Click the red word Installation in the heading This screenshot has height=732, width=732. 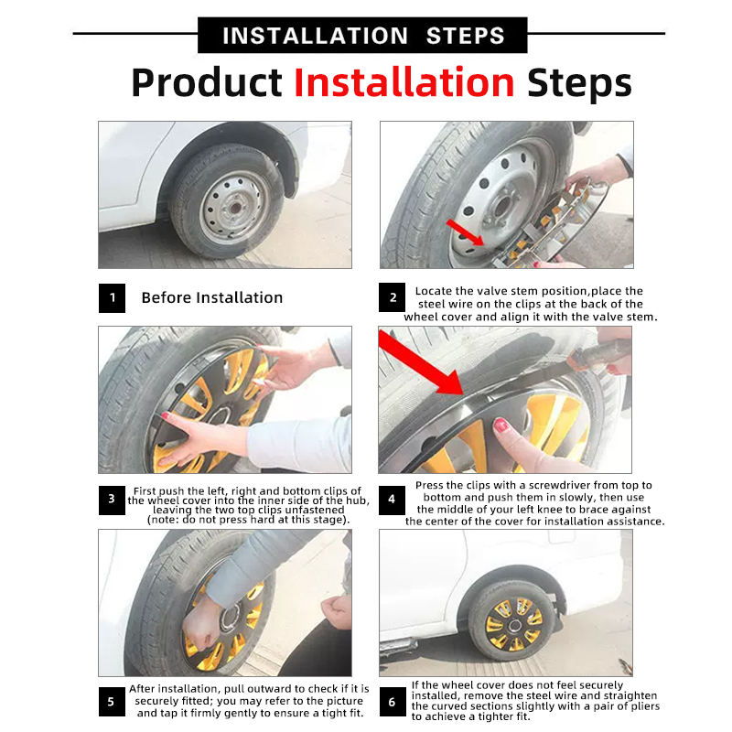click(404, 82)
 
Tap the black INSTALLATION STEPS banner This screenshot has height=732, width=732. click(362, 36)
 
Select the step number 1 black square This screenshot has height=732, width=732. click(112, 298)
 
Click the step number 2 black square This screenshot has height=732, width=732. click(393, 298)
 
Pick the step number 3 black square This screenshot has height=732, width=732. click(112, 500)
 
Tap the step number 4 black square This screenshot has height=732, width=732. click(393, 500)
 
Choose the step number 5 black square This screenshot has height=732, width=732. click(112, 701)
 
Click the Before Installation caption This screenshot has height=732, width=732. click(211, 298)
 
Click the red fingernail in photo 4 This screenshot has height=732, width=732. click(501, 425)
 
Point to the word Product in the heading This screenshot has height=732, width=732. click(207, 82)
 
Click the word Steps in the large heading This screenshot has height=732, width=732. click(578, 82)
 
